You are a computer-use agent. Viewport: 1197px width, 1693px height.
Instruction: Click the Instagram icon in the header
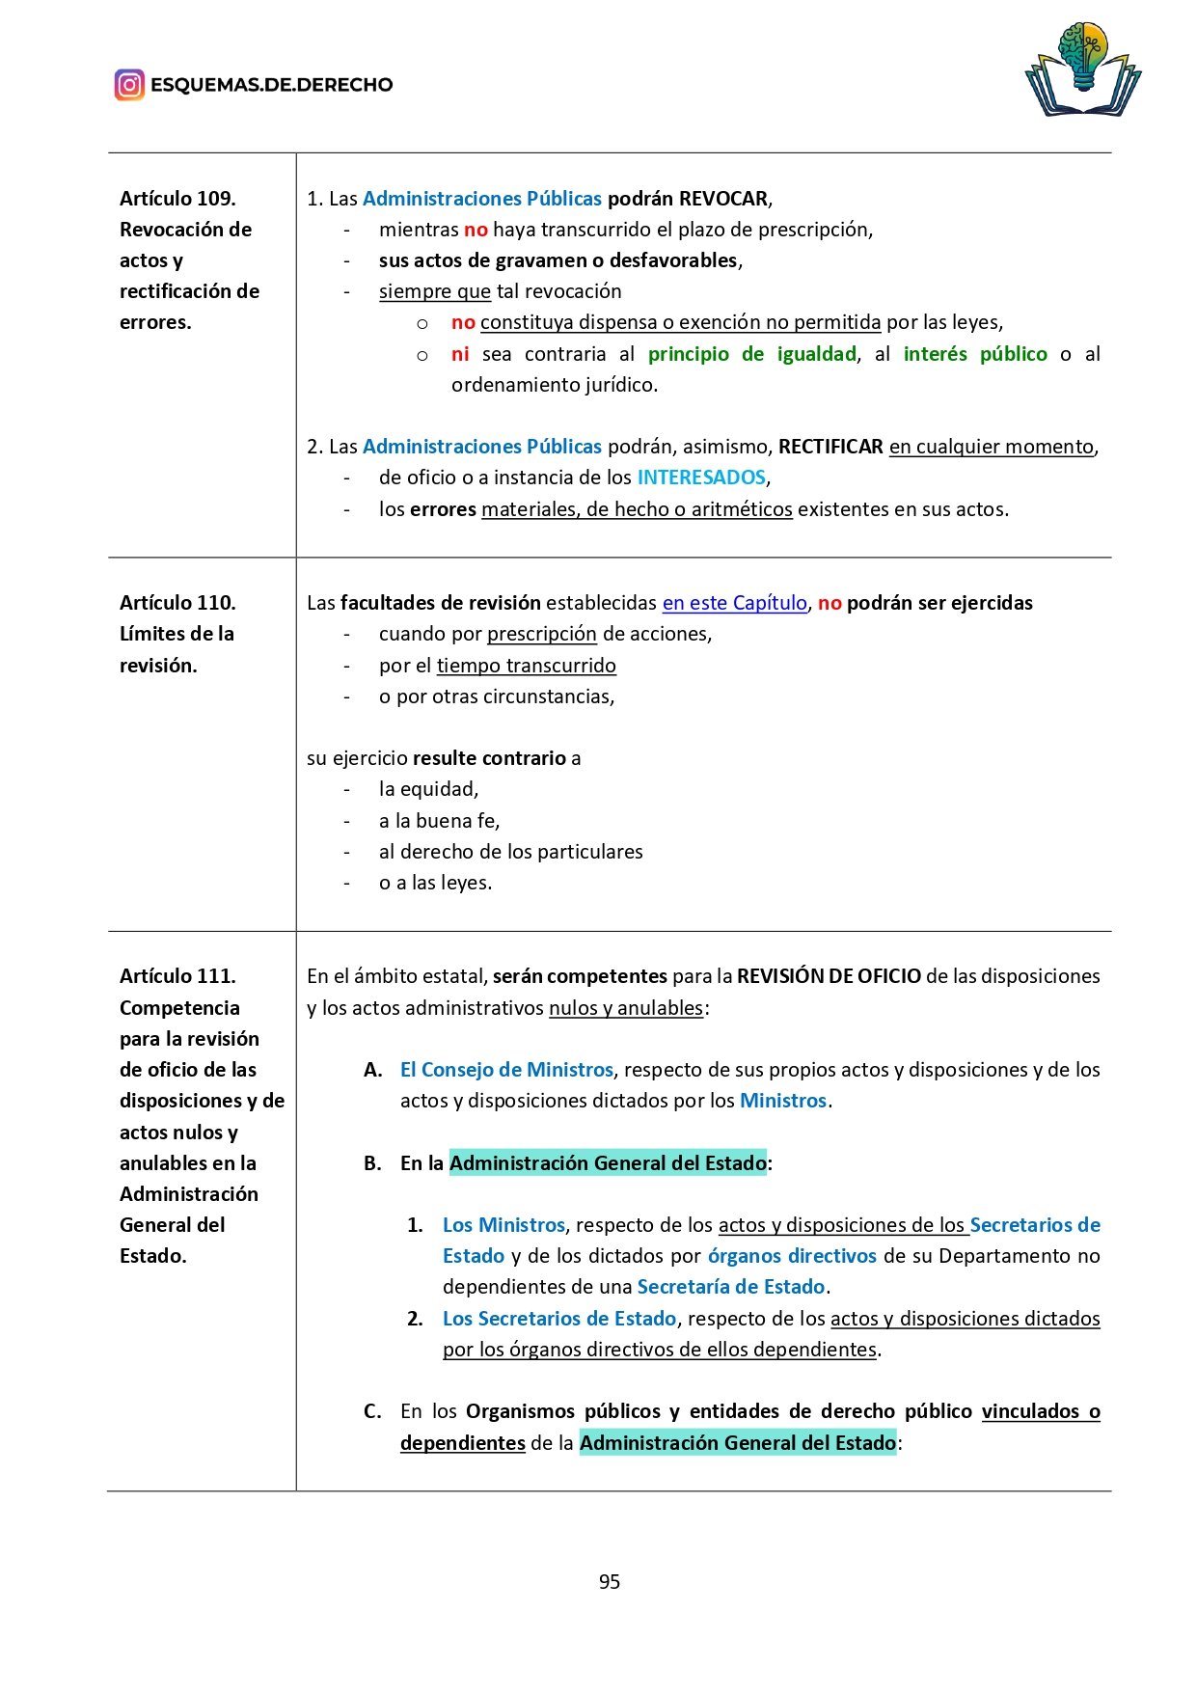[129, 85]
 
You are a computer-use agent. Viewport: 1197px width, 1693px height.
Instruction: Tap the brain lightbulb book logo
[1082, 69]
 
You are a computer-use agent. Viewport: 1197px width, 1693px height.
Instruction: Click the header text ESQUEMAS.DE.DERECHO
[271, 85]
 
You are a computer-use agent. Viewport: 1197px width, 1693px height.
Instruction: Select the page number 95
[609, 1581]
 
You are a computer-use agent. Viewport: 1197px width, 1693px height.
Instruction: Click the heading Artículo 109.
[177, 199]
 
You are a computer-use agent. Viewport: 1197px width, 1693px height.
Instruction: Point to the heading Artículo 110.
[177, 603]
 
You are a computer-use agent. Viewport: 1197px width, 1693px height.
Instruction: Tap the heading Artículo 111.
[177, 976]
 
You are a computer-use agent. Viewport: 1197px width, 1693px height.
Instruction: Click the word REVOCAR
[723, 199]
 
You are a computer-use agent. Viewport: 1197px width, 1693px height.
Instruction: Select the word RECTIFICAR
[830, 447]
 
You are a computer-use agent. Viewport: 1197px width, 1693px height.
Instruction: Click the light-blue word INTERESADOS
[701, 478]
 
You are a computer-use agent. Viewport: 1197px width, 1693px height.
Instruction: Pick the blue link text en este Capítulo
[734, 603]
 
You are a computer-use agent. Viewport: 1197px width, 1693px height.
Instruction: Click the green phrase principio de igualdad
[751, 354]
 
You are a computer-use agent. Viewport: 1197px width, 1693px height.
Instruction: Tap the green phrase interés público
[974, 354]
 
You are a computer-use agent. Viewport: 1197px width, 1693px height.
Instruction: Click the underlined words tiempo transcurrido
[526, 666]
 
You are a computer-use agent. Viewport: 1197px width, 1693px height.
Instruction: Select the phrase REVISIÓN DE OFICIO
[829, 976]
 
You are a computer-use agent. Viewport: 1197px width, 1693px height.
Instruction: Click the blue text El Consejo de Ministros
[506, 1070]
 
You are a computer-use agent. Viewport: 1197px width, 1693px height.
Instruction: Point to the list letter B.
[372, 1163]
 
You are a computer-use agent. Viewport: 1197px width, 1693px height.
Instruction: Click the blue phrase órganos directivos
[792, 1256]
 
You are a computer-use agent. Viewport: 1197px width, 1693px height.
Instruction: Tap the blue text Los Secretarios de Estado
[559, 1319]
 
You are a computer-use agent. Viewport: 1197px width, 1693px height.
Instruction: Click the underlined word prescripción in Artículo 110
[542, 634]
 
